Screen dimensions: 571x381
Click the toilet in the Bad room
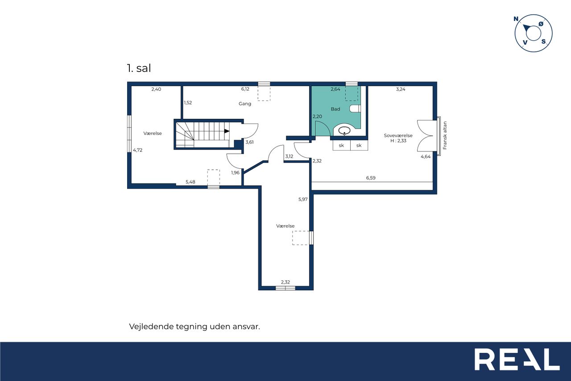point(355,109)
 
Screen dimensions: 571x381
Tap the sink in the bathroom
point(344,131)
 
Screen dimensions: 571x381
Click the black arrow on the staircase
point(227,131)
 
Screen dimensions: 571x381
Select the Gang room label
point(245,104)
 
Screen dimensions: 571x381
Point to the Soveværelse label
point(398,135)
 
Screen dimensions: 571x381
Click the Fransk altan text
point(445,135)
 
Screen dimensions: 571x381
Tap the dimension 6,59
point(371,178)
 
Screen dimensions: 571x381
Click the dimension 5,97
point(303,199)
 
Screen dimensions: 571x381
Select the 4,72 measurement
point(138,150)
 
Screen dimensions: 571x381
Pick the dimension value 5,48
point(190,182)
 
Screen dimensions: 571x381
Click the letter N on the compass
point(516,19)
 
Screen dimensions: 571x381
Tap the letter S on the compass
point(544,42)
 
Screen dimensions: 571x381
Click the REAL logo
point(517,359)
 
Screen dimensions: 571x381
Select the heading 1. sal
point(139,68)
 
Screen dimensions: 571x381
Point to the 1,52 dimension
point(188,103)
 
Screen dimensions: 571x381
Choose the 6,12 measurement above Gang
point(245,89)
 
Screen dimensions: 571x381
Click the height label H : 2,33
point(398,141)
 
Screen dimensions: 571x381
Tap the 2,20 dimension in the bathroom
point(317,117)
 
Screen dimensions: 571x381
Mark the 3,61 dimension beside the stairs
point(249,142)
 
